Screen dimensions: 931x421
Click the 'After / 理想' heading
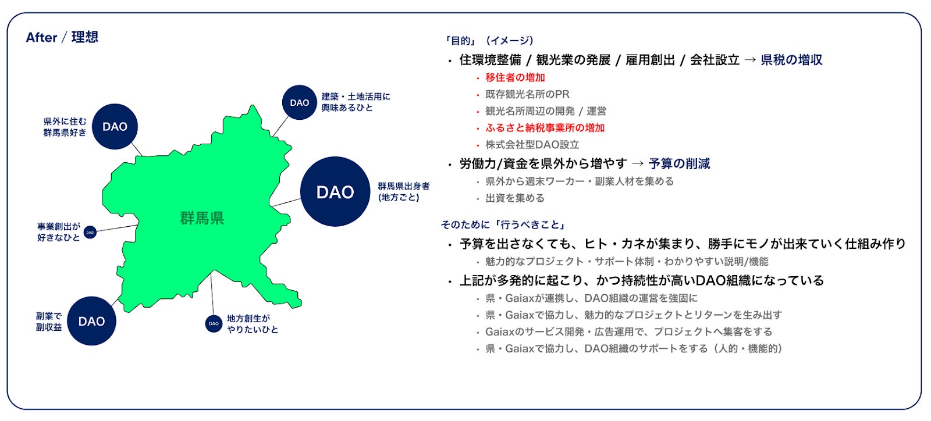click(x=62, y=37)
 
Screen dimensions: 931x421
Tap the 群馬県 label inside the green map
click(x=202, y=218)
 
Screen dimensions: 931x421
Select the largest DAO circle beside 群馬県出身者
click(x=335, y=191)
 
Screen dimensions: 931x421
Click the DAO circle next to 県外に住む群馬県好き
click(x=115, y=127)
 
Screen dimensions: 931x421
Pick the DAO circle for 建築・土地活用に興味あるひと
click(x=299, y=102)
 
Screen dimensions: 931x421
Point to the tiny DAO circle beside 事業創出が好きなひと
click(x=90, y=233)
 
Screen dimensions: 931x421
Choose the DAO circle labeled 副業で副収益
click(x=91, y=321)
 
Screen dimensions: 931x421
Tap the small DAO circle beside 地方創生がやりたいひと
click(x=214, y=324)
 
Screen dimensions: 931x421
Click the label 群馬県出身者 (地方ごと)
click(x=404, y=192)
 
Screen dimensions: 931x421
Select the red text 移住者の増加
click(x=515, y=78)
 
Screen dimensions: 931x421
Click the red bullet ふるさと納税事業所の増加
click(x=545, y=128)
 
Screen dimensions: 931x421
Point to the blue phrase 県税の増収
click(x=791, y=60)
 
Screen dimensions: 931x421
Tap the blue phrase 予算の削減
click(x=679, y=164)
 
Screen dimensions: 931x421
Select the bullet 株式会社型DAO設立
click(x=532, y=145)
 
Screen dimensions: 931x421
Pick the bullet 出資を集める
click(x=515, y=198)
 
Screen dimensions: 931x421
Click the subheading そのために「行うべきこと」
click(x=503, y=225)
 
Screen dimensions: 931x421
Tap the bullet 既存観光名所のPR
click(x=527, y=95)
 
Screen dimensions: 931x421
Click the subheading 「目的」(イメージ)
click(x=488, y=41)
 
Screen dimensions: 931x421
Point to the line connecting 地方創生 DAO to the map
click(x=212, y=294)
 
